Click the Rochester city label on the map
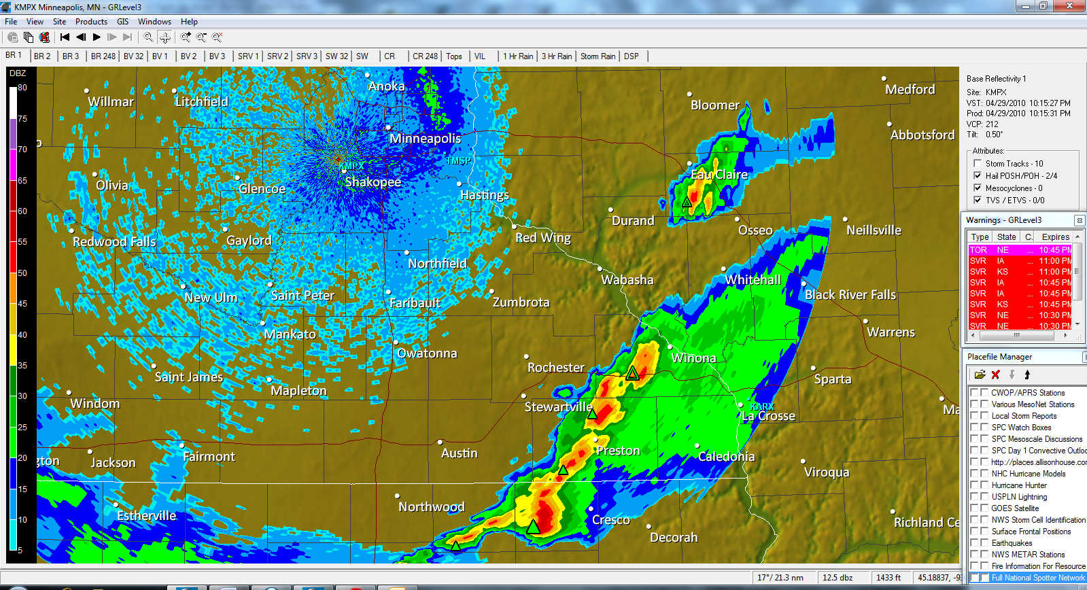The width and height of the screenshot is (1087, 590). coord(555,368)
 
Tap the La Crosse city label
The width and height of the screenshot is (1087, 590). coord(768,416)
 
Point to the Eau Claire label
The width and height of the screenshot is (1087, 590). coord(719,175)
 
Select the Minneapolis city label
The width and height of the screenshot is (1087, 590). coord(425,139)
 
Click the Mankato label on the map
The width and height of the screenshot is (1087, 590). coord(290,334)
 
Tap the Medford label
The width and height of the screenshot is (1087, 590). coord(910,90)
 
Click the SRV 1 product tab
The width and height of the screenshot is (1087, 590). coord(247,56)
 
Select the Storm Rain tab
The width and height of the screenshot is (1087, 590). coord(598,56)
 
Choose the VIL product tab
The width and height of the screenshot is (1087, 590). coord(480,56)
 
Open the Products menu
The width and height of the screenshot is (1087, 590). coord(91,22)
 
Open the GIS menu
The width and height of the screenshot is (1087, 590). coord(122,22)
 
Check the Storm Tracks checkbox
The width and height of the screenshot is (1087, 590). coord(978,164)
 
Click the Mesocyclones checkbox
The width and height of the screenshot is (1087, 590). coord(978,188)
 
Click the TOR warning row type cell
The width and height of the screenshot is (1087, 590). coord(978,250)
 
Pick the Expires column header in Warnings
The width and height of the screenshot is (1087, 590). coord(1055,237)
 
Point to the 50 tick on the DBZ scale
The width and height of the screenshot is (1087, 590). coord(22,273)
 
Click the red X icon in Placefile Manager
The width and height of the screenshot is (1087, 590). coord(996,375)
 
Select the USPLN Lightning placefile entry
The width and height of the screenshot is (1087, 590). coord(1019,497)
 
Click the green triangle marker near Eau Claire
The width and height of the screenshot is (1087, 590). coord(687,202)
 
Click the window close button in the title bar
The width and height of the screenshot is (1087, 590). coord(1070,6)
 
